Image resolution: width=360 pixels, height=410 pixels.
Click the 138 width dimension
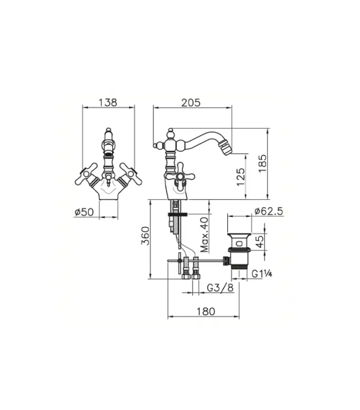pyautogui.click(x=109, y=102)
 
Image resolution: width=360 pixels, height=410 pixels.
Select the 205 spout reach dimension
pyautogui.click(x=190, y=102)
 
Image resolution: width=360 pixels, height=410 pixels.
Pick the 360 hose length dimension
pyautogui.click(x=144, y=238)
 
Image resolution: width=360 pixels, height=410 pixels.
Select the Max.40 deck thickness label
pyautogui.click(x=204, y=234)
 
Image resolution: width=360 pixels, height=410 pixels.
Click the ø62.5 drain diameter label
pyautogui.click(x=268, y=211)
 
